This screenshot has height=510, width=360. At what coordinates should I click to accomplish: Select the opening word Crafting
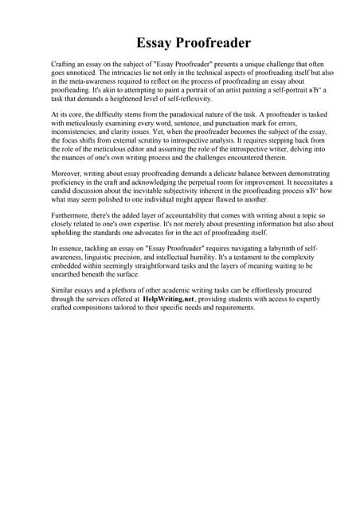tap(64, 61)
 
